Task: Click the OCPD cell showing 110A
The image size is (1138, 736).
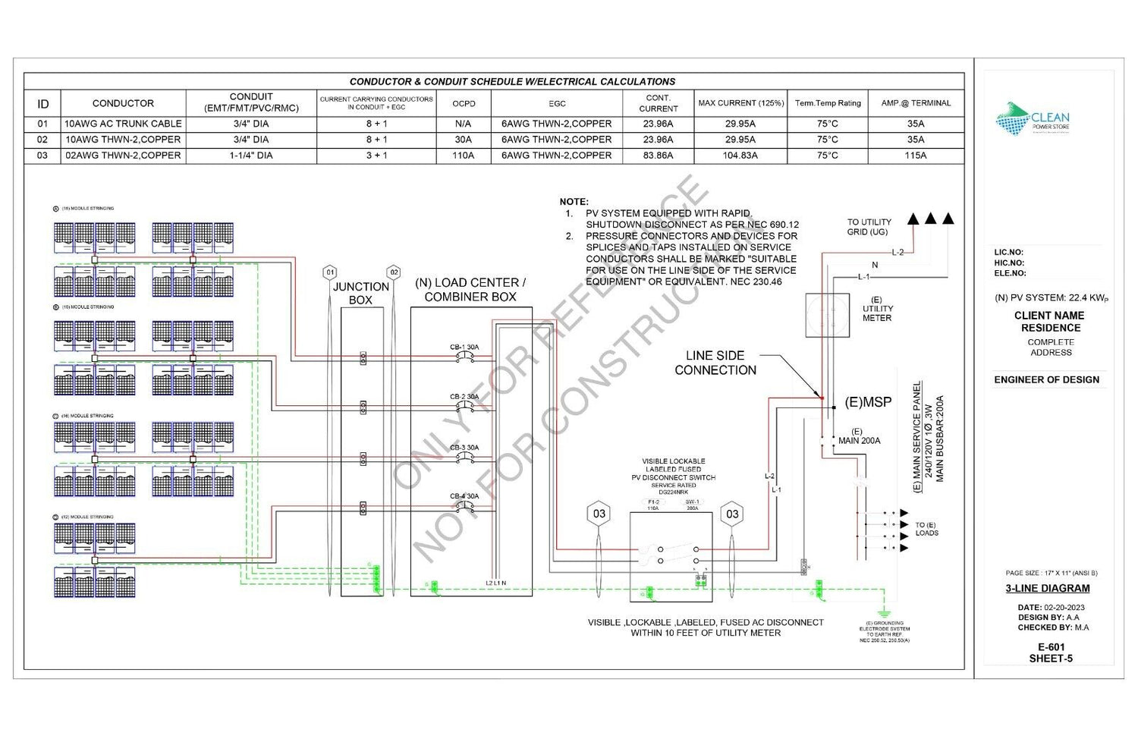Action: click(x=463, y=156)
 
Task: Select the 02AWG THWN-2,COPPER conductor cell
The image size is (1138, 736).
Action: click(x=123, y=156)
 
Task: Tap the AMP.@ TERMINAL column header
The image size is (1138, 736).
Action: click(x=916, y=103)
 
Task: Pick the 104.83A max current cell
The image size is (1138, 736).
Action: click(x=740, y=156)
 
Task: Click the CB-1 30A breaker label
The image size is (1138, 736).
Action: click(x=464, y=348)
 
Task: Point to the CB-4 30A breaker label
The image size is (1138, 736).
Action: click(x=464, y=496)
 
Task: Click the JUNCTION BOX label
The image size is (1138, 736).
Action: click(x=361, y=293)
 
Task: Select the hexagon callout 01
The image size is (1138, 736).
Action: click(x=329, y=272)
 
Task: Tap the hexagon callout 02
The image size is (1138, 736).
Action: click(x=394, y=272)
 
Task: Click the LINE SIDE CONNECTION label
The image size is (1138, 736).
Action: click(x=715, y=363)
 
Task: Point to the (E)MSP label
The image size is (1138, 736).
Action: click(x=868, y=402)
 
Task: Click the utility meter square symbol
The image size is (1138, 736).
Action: click(x=826, y=315)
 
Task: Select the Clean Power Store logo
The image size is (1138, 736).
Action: click(x=1033, y=120)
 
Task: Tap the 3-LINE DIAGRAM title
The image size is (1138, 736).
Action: click(x=1048, y=588)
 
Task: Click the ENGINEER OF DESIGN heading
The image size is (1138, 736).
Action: click(x=1047, y=379)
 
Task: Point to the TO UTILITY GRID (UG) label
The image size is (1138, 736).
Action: click(x=869, y=227)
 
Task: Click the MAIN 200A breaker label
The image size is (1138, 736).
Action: click(x=859, y=440)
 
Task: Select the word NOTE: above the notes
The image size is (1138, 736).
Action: click(x=574, y=202)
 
